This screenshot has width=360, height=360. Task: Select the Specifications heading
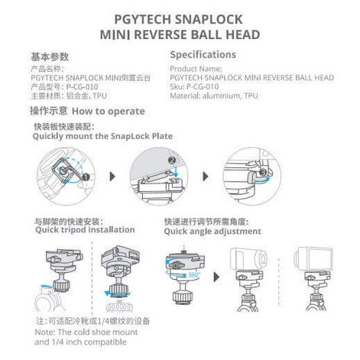(x=203, y=55)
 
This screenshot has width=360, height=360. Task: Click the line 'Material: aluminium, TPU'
(x=214, y=96)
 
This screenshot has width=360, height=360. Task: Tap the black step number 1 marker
(x=86, y=177)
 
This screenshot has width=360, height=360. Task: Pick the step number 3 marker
(x=264, y=174)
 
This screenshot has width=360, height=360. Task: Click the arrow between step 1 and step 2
(x=113, y=177)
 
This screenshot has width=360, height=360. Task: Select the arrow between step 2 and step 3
(x=209, y=177)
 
